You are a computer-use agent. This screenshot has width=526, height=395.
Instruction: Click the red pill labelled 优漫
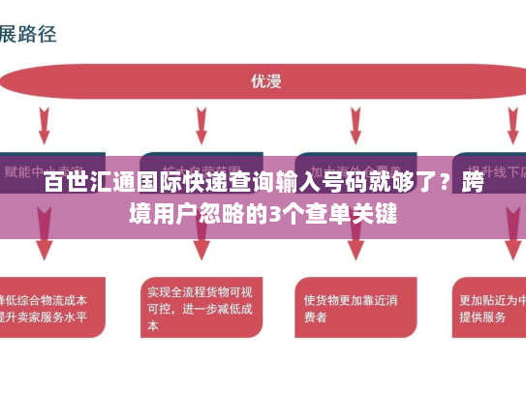264,80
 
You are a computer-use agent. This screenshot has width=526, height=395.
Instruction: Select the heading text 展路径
29,33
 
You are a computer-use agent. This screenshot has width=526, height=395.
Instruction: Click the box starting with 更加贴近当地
489,308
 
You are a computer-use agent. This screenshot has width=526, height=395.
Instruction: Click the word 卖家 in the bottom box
38,317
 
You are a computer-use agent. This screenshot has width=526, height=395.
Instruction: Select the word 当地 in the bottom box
510,300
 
